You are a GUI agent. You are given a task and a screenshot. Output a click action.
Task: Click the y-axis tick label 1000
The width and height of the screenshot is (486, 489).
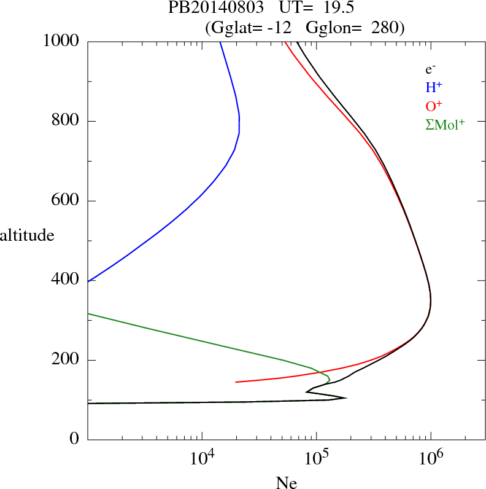61,41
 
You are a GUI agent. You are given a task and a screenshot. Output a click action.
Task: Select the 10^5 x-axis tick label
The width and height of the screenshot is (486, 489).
316,457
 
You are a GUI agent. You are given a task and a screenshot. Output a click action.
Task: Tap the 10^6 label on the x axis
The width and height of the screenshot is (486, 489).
430,457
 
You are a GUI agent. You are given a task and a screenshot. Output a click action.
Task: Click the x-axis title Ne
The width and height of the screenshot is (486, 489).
286,483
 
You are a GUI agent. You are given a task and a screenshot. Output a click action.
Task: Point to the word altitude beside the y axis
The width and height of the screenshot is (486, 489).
27,235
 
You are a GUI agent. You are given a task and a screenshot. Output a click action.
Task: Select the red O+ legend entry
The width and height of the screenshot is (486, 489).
433,106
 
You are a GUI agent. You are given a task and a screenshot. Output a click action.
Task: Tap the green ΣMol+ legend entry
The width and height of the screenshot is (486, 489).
445,125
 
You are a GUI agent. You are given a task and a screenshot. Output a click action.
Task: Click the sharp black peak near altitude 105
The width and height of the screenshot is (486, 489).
345,397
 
